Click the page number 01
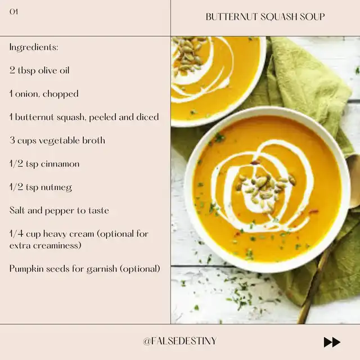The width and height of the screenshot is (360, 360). point(13,12)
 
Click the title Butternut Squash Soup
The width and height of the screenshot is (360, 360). point(265,17)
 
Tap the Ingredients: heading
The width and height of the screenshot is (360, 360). point(34,47)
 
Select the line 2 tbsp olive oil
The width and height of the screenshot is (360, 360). point(39,70)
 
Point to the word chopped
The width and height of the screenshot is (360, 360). point(61,94)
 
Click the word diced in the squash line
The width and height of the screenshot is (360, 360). point(147,117)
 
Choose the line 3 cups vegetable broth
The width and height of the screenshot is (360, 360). point(57,140)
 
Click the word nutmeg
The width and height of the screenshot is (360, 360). point(56,187)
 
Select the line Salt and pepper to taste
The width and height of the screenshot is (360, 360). point(59,210)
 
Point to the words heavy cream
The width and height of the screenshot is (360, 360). point(69,234)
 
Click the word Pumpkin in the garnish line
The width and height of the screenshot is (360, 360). point(26,269)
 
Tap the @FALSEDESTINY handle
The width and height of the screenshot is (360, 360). point(180,341)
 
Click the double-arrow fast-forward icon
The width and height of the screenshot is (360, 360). point(332,342)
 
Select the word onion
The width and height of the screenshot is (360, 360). point(27,94)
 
